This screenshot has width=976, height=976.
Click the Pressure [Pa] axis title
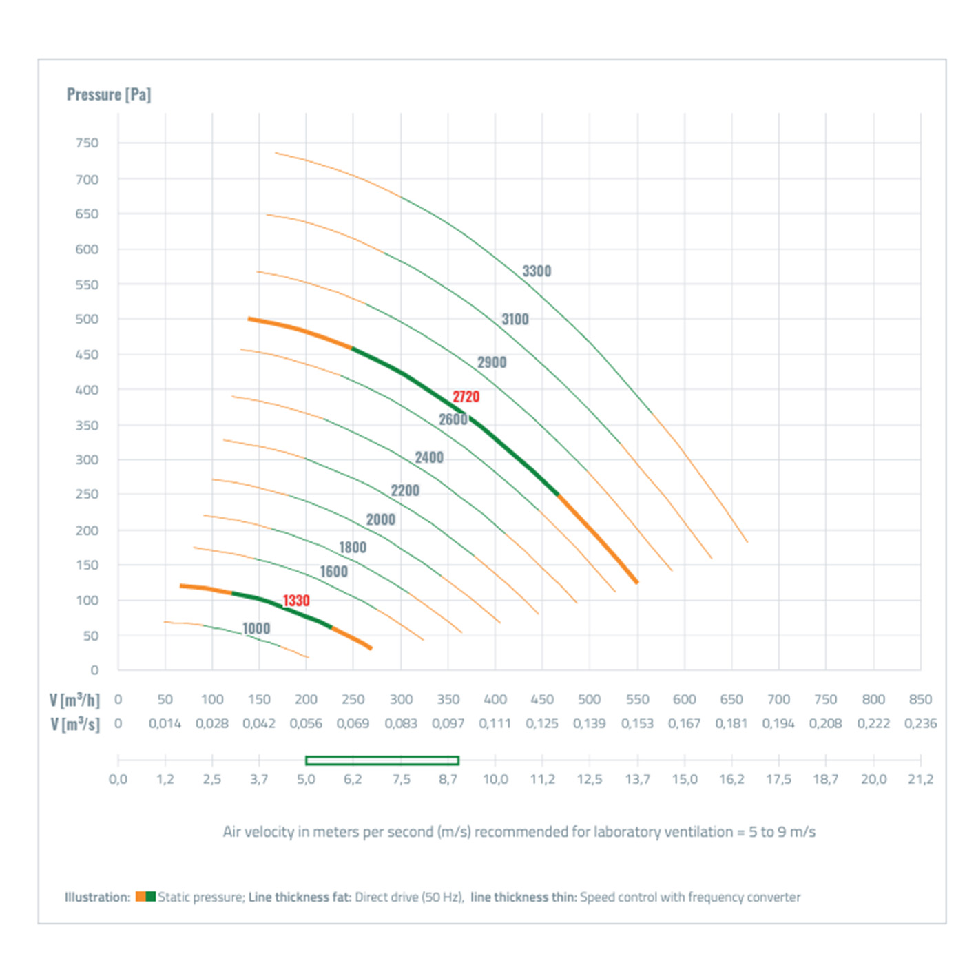pyautogui.click(x=109, y=94)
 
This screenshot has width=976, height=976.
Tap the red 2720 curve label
pyautogui.click(x=466, y=397)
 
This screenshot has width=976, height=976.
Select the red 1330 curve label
pyautogui.click(x=296, y=601)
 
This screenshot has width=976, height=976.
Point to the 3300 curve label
pyautogui.click(x=537, y=271)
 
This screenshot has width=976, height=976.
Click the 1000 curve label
pyautogui.click(x=256, y=628)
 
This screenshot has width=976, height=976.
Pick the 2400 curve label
pyautogui.click(x=429, y=458)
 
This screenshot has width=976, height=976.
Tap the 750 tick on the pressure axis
pyautogui.click(x=87, y=143)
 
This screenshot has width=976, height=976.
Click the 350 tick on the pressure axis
pyautogui.click(x=87, y=426)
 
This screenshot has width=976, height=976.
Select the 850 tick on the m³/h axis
pyautogui.click(x=920, y=700)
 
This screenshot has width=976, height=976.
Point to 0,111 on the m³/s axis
pyautogui.click(x=495, y=724)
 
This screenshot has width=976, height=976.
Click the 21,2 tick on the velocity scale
pyautogui.click(x=920, y=780)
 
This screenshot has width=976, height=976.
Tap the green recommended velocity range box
pyautogui.click(x=382, y=760)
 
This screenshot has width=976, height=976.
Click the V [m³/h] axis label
pyautogui.click(x=74, y=700)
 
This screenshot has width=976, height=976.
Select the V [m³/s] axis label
pyautogui.click(x=74, y=725)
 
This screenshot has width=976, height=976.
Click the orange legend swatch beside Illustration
pyautogui.click(x=141, y=897)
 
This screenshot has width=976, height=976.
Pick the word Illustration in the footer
pyautogui.click(x=97, y=897)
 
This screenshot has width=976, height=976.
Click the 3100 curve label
pyautogui.click(x=515, y=320)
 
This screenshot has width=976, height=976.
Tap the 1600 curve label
pyautogui.click(x=334, y=572)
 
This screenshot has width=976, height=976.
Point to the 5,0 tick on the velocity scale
pyautogui.click(x=306, y=780)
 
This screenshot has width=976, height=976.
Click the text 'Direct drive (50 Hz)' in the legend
pyautogui.click(x=409, y=897)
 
